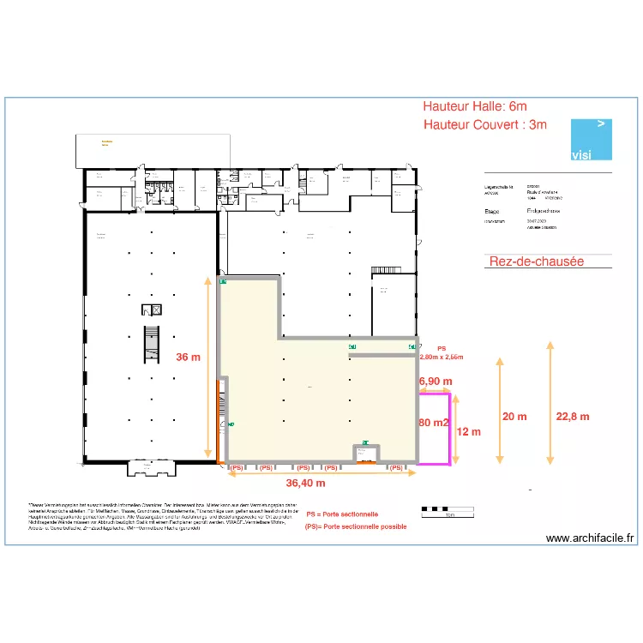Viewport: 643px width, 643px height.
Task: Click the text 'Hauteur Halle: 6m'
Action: tap(474, 106)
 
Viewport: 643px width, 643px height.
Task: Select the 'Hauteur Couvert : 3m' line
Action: tap(484, 124)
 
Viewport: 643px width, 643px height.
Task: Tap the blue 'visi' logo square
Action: tap(592, 139)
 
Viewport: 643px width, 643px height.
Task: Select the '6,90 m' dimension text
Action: tap(436, 380)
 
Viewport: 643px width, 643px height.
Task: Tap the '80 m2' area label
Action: tap(434, 423)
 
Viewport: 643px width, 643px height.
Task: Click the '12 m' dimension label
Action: tap(469, 431)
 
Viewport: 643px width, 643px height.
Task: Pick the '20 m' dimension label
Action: tap(514, 417)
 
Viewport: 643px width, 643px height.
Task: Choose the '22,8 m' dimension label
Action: tap(573, 417)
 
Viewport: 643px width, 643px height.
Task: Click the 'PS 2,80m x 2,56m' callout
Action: tap(442, 353)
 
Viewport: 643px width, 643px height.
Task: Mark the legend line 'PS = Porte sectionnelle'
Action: tap(342, 514)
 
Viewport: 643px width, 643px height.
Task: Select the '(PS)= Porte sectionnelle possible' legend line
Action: tap(355, 526)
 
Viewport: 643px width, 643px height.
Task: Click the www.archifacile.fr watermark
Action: tap(590, 538)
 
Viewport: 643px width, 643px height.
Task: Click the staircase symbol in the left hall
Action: tap(153, 342)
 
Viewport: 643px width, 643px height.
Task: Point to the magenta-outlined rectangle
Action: tap(435, 429)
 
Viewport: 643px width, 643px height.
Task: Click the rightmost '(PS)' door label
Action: tap(395, 468)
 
